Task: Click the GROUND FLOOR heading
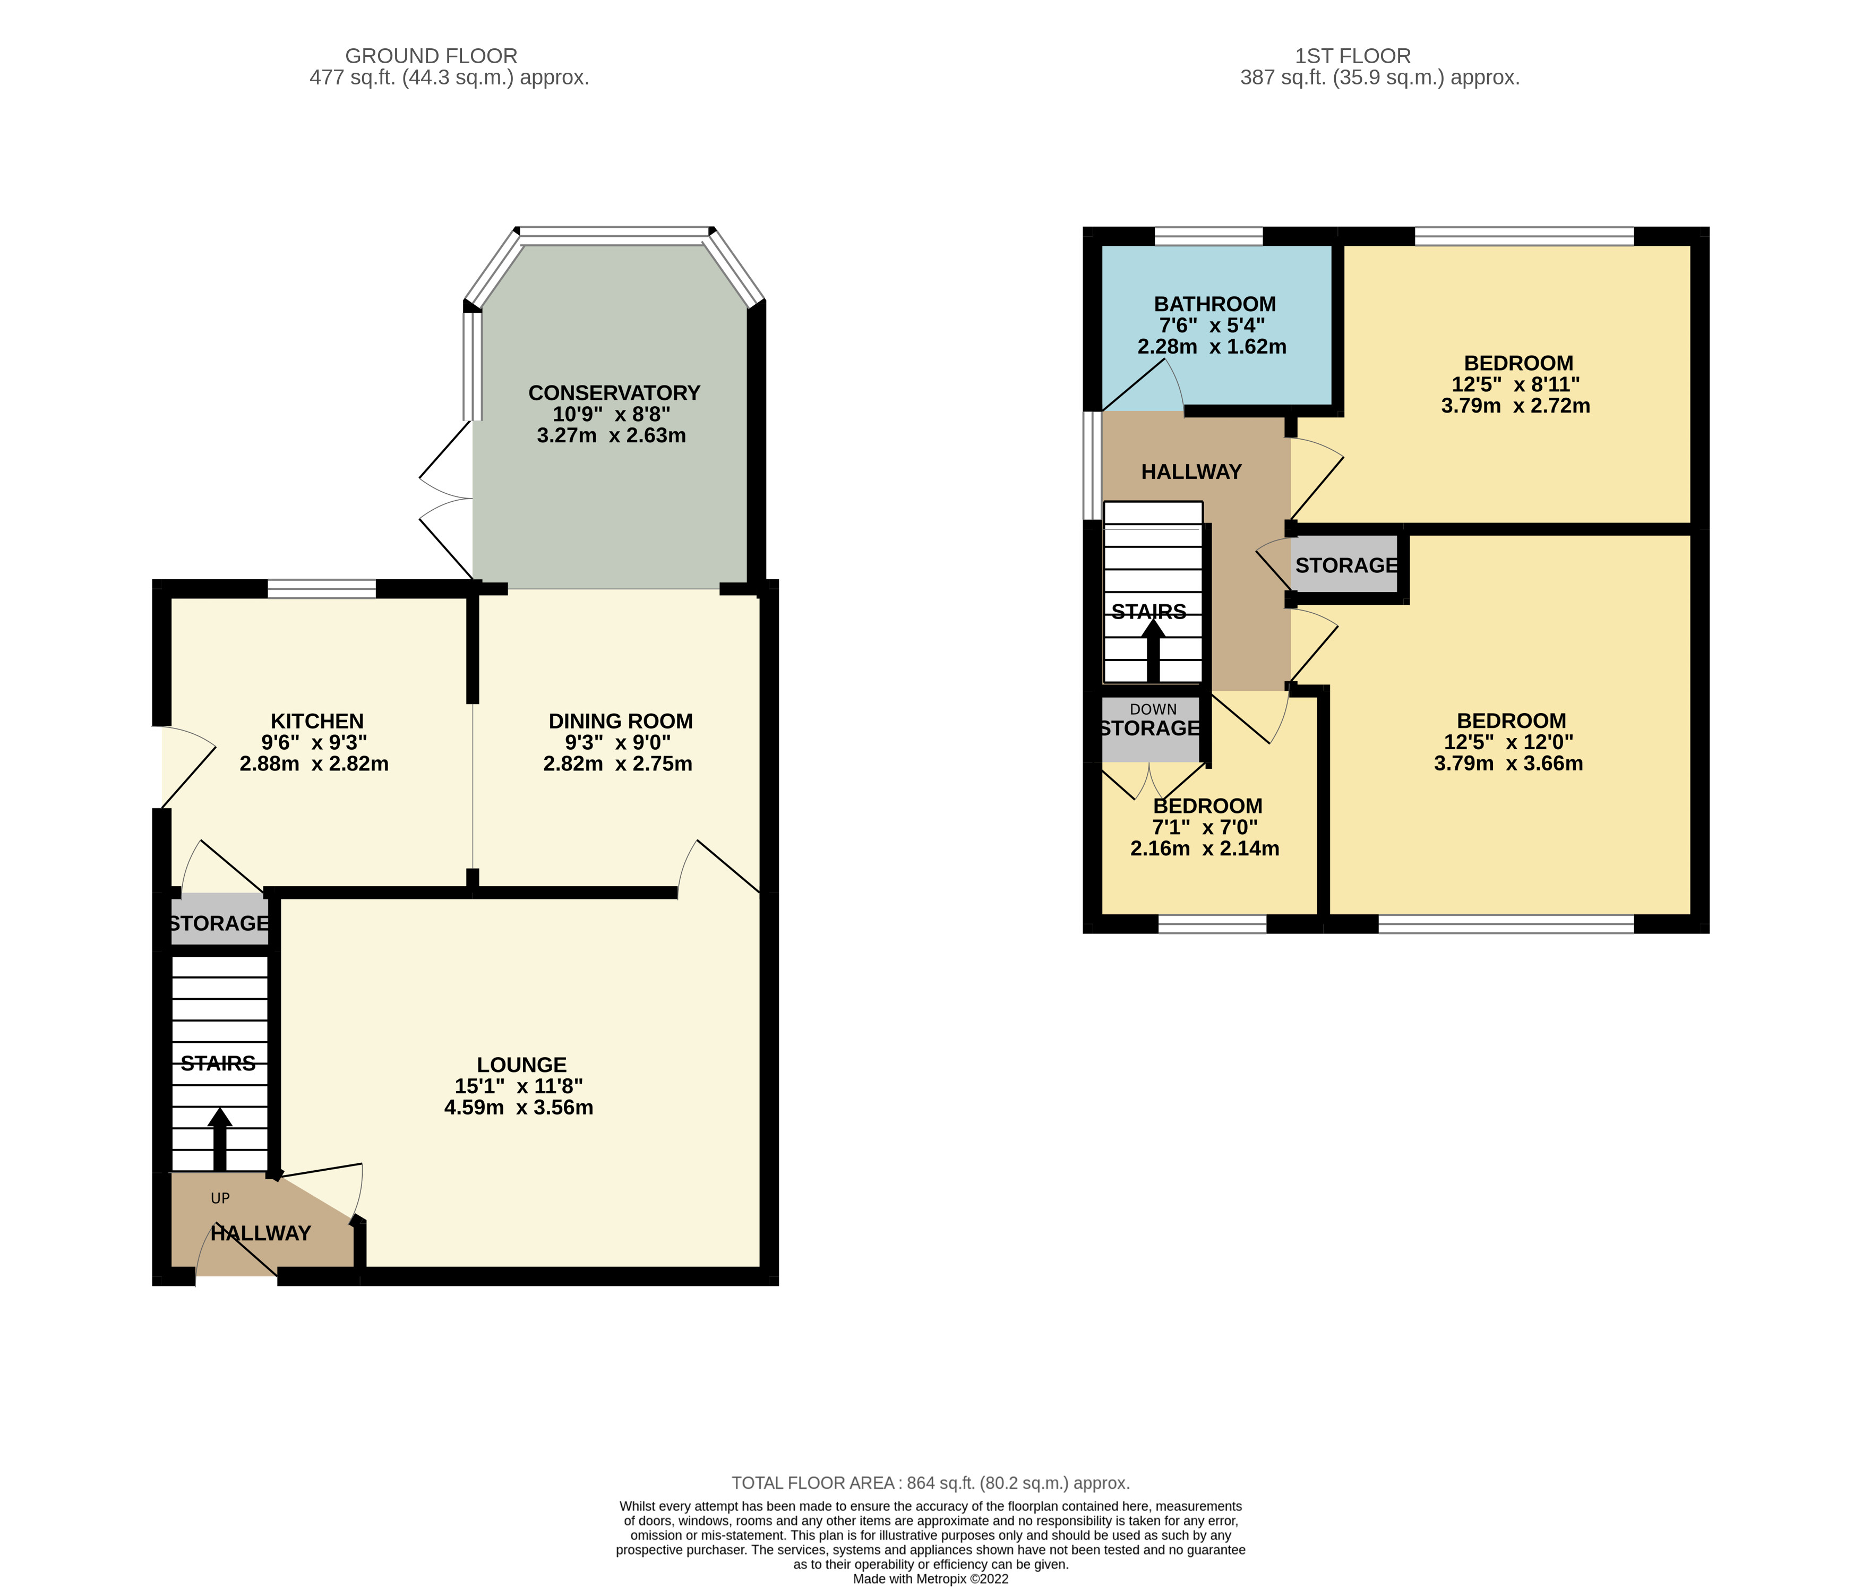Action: point(431,56)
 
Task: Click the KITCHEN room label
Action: point(317,720)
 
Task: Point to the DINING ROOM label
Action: point(620,720)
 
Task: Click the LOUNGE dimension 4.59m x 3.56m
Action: point(519,1107)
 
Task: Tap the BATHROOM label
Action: point(1214,304)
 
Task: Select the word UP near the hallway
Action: point(220,1198)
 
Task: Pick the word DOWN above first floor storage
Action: point(1153,709)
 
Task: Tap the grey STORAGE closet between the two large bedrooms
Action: point(1345,564)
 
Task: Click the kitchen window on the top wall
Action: point(322,589)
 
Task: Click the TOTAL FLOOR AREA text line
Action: point(930,1483)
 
